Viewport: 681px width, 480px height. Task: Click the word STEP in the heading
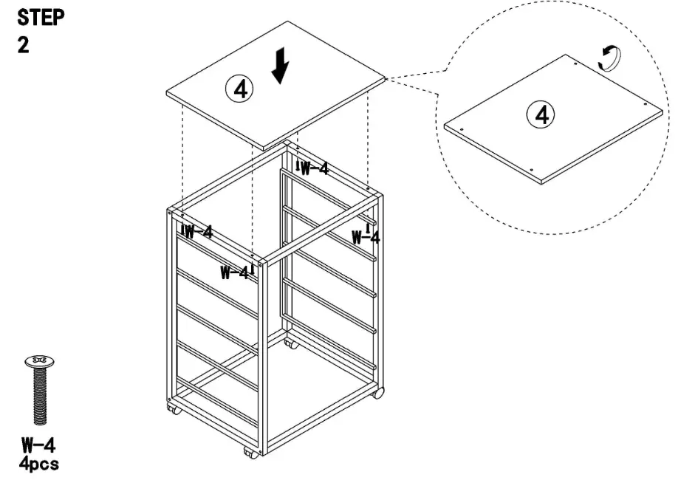tap(40, 18)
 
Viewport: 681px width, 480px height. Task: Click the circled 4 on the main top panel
tap(239, 89)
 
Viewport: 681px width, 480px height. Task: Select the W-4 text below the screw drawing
tap(38, 445)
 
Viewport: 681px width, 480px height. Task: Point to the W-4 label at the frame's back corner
tap(312, 168)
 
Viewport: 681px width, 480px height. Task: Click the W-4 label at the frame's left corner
tap(197, 232)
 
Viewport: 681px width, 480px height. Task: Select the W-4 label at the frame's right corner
tap(366, 236)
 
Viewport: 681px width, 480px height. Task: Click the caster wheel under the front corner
tap(252, 452)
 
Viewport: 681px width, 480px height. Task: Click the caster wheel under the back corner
tap(292, 344)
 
